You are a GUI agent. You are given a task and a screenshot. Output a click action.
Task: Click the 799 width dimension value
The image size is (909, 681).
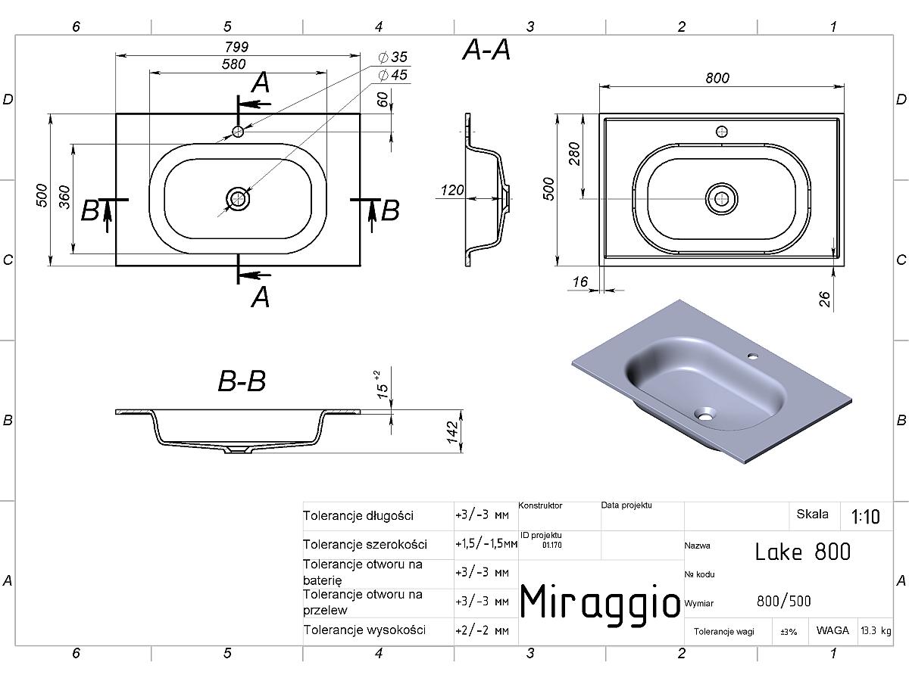(236, 47)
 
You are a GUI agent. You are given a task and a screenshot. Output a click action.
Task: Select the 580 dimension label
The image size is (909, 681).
(233, 64)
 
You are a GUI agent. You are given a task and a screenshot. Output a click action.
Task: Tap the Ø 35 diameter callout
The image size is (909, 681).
(393, 57)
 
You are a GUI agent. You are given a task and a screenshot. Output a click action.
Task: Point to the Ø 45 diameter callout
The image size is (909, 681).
(393, 75)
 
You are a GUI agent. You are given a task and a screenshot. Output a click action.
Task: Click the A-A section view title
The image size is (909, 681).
(486, 51)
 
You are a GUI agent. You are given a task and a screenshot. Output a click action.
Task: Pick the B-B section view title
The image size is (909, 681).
(242, 381)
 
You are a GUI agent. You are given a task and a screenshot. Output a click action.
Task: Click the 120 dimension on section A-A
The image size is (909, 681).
(451, 190)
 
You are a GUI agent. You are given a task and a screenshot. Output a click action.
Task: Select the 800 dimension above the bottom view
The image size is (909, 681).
(717, 78)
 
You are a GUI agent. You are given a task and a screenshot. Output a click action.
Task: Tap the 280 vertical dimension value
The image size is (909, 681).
(574, 154)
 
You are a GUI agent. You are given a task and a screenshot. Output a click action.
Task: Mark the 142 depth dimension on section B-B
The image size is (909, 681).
(453, 432)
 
